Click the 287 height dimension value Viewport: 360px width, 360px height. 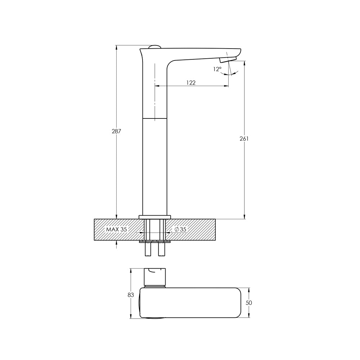coord(116,131)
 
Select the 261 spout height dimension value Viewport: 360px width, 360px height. coord(244,139)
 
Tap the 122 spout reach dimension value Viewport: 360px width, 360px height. coord(191,83)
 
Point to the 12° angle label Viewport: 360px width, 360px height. coord(217,69)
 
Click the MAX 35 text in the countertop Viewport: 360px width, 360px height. coord(116,229)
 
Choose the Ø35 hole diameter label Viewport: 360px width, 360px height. coord(180,229)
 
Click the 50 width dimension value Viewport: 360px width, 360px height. coord(249,303)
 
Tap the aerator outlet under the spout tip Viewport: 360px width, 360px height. coord(228,60)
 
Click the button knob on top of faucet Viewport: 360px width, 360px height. coord(154,47)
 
